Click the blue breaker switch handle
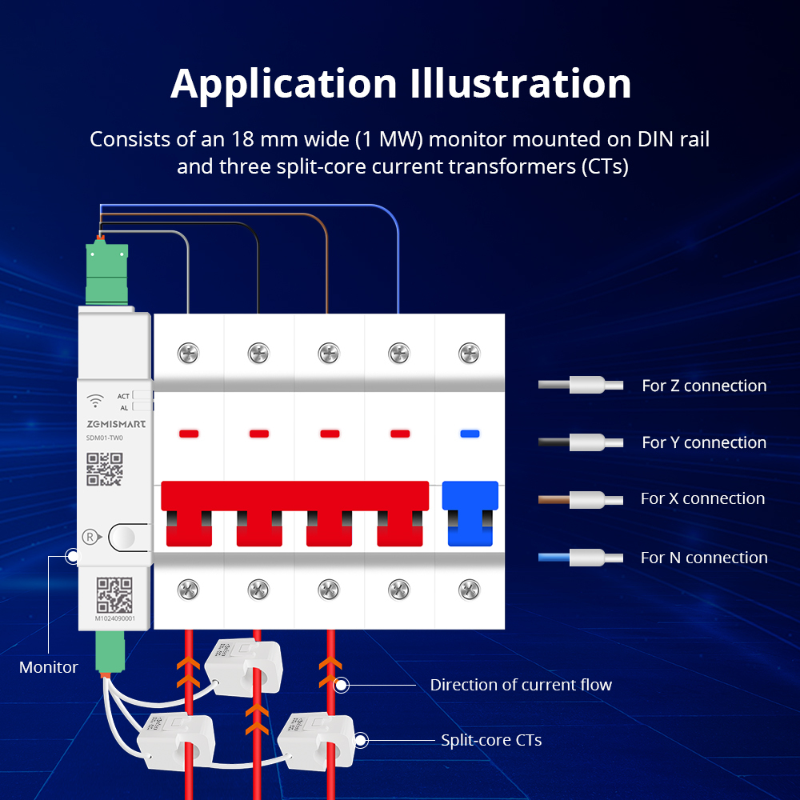[470, 512]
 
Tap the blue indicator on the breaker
[470, 434]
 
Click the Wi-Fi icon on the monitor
[95, 399]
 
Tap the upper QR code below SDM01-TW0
[105, 469]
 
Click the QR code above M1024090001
[114, 594]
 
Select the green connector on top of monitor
[106, 271]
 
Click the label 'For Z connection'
[704, 386]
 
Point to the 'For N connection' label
[704, 558]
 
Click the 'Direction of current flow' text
[521, 685]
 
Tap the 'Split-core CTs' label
[491, 740]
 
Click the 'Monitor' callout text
[49, 666]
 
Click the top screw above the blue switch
[470, 352]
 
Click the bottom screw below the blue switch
[470, 590]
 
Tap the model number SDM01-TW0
[105, 438]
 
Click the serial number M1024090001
[114, 618]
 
